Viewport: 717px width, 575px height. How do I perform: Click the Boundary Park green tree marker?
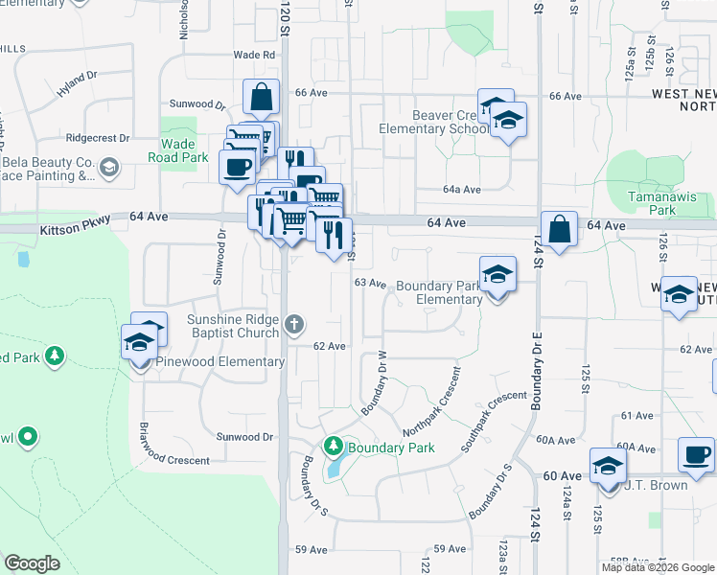[333, 446]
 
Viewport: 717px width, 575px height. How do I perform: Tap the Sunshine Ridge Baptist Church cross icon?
[295, 325]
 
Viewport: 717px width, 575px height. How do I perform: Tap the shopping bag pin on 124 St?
[559, 230]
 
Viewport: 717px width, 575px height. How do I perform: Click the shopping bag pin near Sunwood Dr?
[260, 97]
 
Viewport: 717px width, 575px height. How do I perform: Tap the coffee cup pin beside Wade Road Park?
[236, 167]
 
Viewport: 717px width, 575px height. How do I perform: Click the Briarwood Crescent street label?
[174, 459]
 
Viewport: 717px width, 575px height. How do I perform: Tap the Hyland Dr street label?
[77, 87]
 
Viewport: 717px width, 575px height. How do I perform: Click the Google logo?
[32, 563]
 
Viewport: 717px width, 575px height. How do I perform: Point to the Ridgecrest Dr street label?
[98, 138]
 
